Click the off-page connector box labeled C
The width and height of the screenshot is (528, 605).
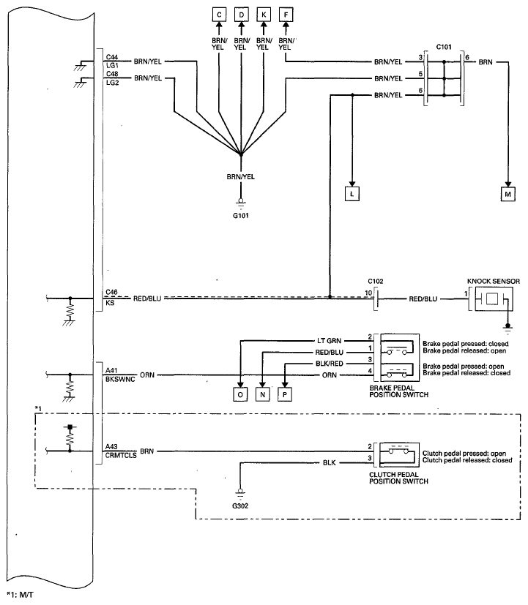(x=219, y=15)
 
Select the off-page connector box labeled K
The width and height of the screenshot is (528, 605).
(x=264, y=15)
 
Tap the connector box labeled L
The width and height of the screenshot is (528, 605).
(x=352, y=194)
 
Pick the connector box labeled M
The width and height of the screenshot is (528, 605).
(x=508, y=194)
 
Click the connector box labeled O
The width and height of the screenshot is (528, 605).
(x=240, y=394)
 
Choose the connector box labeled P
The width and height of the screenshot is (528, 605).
(x=285, y=394)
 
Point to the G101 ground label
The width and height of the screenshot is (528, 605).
(x=241, y=216)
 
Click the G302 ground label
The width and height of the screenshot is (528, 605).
(x=240, y=506)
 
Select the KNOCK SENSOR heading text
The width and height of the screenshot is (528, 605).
(x=494, y=281)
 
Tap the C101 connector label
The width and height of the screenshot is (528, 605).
(x=444, y=47)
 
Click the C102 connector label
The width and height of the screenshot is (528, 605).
(x=376, y=281)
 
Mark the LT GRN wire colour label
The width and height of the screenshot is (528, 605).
(x=329, y=341)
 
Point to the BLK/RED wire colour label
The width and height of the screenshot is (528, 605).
(x=330, y=364)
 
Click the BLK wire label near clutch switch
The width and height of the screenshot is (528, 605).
(x=330, y=462)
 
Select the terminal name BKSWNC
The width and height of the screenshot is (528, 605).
(x=120, y=379)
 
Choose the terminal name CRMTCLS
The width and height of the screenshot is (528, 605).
(x=121, y=455)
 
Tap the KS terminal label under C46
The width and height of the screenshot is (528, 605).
(x=110, y=303)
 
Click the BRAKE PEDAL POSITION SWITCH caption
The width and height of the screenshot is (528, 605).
(x=398, y=391)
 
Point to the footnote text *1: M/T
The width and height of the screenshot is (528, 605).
(x=20, y=595)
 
